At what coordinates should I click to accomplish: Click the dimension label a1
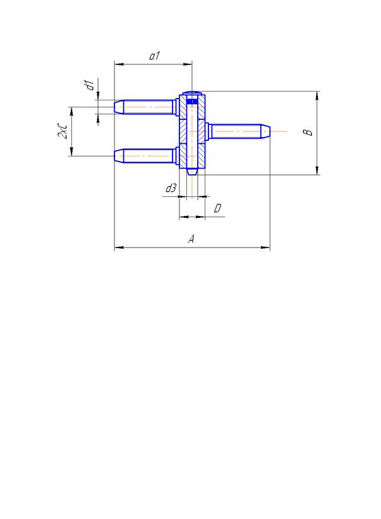click(154, 56)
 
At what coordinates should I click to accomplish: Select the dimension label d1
click(90, 85)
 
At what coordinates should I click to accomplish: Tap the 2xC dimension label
click(63, 131)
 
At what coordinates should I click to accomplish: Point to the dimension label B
click(308, 132)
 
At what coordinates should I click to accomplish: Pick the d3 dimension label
click(171, 188)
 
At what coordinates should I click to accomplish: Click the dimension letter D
click(217, 208)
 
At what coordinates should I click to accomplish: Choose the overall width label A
click(191, 239)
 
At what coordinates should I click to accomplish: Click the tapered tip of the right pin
click(266, 131)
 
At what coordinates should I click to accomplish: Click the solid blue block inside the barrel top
click(192, 101)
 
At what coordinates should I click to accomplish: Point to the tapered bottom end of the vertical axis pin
click(192, 172)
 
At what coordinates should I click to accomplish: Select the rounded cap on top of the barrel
click(192, 93)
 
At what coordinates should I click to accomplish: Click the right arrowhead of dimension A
click(266, 248)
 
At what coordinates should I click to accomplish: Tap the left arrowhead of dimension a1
click(119, 64)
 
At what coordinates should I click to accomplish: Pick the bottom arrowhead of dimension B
click(317, 170)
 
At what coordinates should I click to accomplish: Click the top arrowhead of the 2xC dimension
click(71, 112)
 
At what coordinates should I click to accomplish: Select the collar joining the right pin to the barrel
click(208, 131)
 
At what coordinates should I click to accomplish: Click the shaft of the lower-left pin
click(148, 155)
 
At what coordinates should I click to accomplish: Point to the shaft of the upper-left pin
click(148, 107)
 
